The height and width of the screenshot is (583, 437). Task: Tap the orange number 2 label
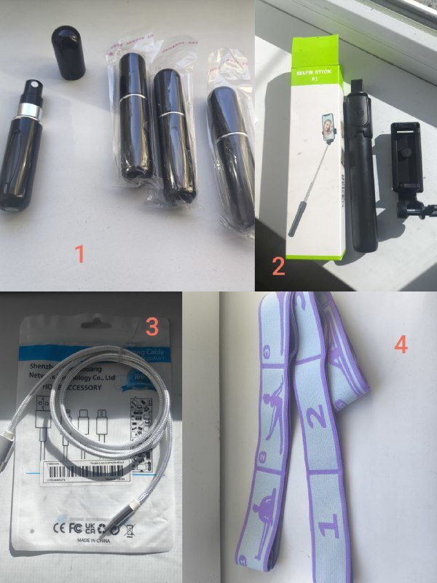(278, 266)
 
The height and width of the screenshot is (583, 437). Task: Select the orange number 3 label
(151, 327)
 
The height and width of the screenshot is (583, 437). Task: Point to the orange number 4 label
(401, 343)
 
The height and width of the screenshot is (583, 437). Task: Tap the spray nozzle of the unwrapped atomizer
(33, 91)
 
